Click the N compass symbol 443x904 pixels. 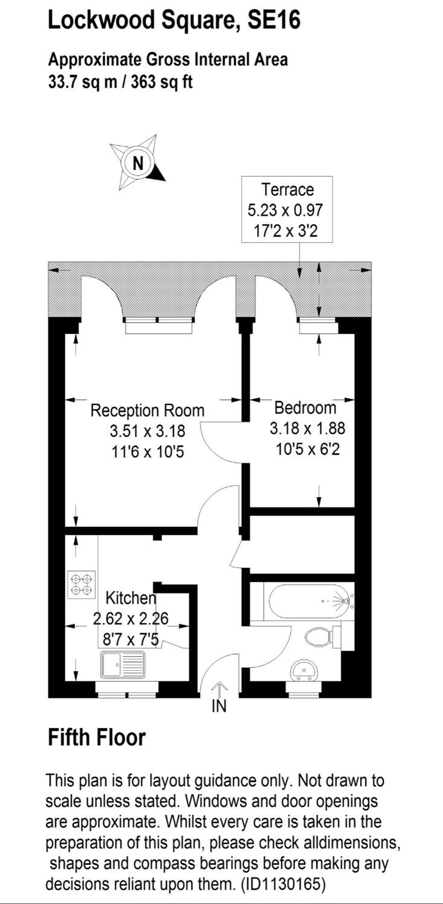click(x=138, y=163)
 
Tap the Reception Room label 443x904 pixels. click(x=147, y=411)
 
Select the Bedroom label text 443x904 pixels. click(x=305, y=408)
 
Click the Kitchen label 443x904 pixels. click(x=131, y=598)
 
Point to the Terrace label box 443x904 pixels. click(x=287, y=210)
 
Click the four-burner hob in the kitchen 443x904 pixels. click(x=82, y=584)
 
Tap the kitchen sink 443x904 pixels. click(x=122, y=665)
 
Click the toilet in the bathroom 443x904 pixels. click(x=322, y=637)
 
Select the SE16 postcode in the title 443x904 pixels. click(x=274, y=20)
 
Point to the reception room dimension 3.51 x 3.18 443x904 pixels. click(x=147, y=431)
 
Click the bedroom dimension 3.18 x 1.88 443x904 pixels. click(x=307, y=428)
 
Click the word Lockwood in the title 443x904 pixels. click(x=101, y=20)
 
